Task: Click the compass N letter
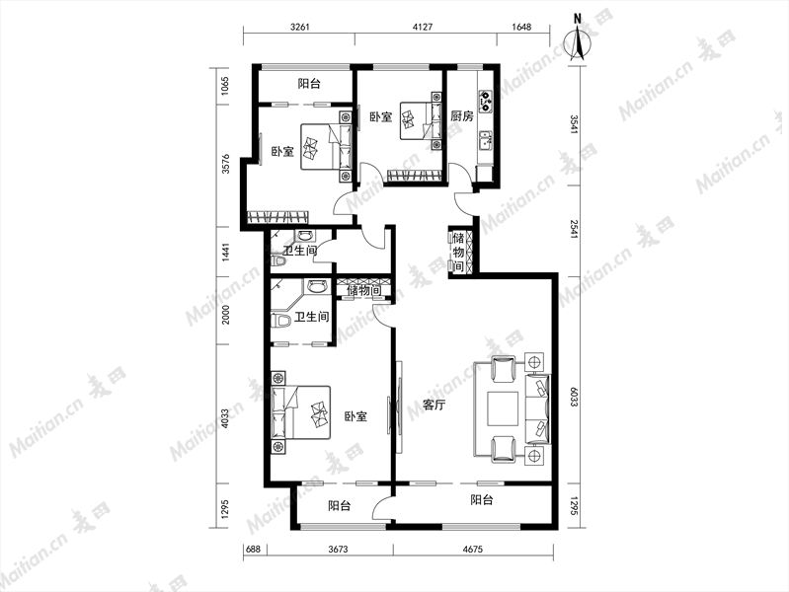pyautogui.click(x=578, y=19)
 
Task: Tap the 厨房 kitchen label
pyautogui.click(x=461, y=116)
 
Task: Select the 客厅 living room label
pyautogui.click(x=434, y=406)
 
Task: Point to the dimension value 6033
pyautogui.click(x=574, y=397)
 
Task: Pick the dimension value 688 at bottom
pyautogui.click(x=254, y=550)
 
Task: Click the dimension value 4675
pyautogui.click(x=472, y=550)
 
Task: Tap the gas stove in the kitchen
pyautogui.click(x=486, y=100)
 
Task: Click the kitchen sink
pyautogui.click(x=486, y=140)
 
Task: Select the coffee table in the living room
pyautogui.click(x=504, y=407)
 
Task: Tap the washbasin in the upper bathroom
pyautogui.click(x=305, y=235)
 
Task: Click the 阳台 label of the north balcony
pyautogui.click(x=309, y=84)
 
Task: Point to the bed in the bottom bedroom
pyautogui.click(x=300, y=413)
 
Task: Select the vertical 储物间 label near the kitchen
pyautogui.click(x=458, y=252)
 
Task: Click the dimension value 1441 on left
pyautogui.click(x=225, y=253)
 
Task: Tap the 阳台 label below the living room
pyautogui.click(x=482, y=500)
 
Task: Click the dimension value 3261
pyautogui.click(x=300, y=28)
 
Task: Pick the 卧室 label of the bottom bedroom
pyautogui.click(x=355, y=416)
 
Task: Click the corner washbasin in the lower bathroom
pyautogui.click(x=317, y=287)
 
